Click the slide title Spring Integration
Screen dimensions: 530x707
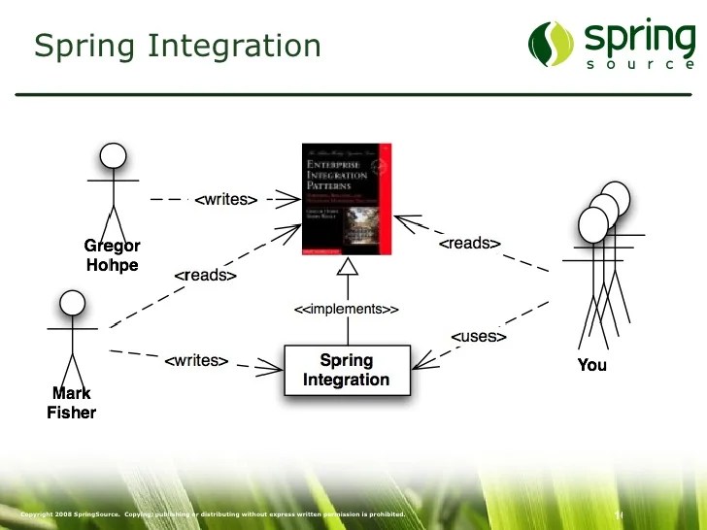click(x=177, y=45)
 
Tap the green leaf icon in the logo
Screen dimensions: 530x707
click(x=552, y=44)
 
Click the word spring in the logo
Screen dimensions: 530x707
click(x=639, y=38)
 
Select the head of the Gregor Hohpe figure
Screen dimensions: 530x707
click(x=114, y=156)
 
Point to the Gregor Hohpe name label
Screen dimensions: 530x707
click(x=112, y=255)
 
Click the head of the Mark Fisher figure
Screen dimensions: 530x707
click(x=72, y=304)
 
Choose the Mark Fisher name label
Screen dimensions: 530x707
click(x=72, y=403)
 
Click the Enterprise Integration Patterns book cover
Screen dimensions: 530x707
click(x=347, y=199)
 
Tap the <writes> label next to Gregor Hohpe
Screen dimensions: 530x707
click(x=225, y=200)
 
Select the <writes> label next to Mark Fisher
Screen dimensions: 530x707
click(x=196, y=361)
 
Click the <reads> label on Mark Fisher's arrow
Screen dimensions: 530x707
click(x=206, y=276)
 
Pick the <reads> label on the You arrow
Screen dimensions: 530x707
click(x=470, y=244)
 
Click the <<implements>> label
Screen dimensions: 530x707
click(x=347, y=310)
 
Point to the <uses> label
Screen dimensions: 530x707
click(x=479, y=336)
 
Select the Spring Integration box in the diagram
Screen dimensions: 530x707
click(x=347, y=370)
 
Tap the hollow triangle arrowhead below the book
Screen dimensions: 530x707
click(x=347, y=265)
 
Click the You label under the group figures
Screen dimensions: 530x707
click(x=591, y=365)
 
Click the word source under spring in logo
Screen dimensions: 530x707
click(x=641, y=65)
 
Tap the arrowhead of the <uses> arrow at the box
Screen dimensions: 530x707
click(x=418, y=365)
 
